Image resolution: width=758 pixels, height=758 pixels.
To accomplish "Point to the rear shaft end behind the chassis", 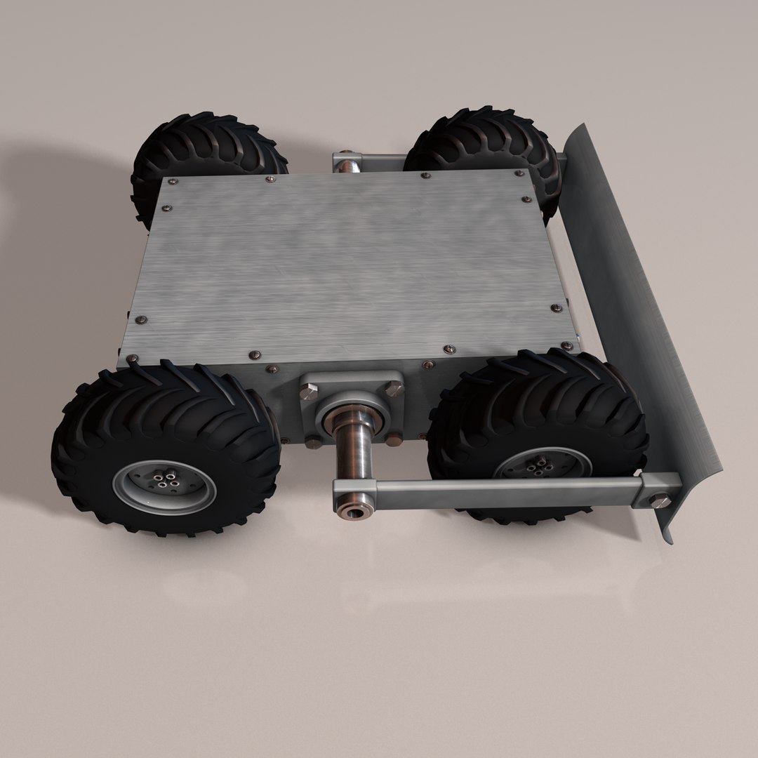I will click(x=345, y=166).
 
